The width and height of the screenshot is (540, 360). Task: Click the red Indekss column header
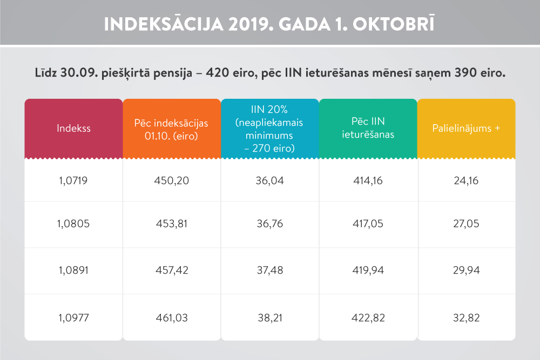click(x=74, y=128)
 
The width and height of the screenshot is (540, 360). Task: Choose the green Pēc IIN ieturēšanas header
click(x=368, y=128)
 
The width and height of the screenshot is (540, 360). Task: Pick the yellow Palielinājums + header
click(x=466, y=128)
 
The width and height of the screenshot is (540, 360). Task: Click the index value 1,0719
click(x=74, y=181)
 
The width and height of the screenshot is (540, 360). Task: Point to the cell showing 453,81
click(x=171, y=225)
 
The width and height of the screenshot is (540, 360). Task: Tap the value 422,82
click(x=368, y=318)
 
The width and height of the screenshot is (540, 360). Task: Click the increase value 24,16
click(x=466, y=181)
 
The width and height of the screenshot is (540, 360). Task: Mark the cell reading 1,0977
click(x=74, y=318)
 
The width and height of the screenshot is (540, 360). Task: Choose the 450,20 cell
click(x=171, y=181)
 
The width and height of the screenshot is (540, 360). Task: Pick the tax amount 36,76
click(x=269, y=225)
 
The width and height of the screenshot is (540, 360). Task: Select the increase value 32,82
click(x=466, y=318)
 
